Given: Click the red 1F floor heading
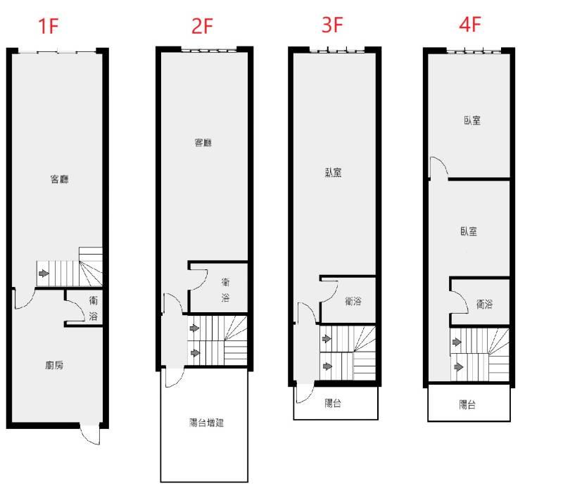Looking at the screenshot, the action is (x=48, y=26).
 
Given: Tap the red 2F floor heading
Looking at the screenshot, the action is (x=202, y=26).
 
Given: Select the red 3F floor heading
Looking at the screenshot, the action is (x=332, y=25).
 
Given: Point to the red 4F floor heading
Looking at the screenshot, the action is (x=470, y=25).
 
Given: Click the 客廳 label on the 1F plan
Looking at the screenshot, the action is (x=60, y=179).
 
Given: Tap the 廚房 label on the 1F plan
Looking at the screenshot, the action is (x=55, y=365).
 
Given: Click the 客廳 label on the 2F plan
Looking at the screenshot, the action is (x=203, y=143).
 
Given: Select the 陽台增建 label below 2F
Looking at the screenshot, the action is (x=206, y=423).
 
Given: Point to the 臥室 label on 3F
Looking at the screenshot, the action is (x=333, y=172).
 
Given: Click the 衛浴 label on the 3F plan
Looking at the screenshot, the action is (x=353, y=301).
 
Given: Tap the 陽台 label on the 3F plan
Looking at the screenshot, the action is (x=333, y=403).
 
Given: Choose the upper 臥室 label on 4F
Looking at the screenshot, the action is (x=472, y=120).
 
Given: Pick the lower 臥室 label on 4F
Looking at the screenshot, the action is (x=469, y=231).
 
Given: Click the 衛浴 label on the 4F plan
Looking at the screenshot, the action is (x=484, y=305).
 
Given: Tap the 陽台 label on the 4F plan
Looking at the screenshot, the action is (x=467, y=404).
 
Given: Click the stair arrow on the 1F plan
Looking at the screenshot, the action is (x=44, y=274).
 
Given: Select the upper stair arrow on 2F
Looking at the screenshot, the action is (x=194, y=328).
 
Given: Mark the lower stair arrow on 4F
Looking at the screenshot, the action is (x=459, y=367).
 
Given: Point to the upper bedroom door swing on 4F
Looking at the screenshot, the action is (x=439, y=167).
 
